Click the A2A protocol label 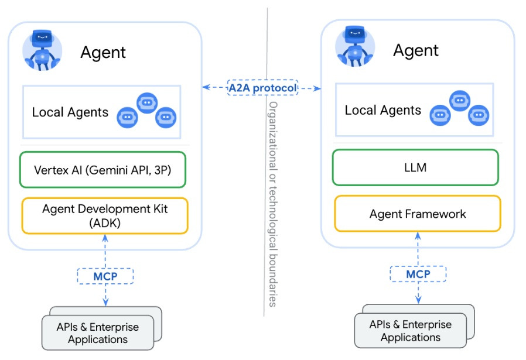[x=262, y=88]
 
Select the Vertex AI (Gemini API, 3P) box [x=103, y=170]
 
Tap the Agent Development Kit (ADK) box [x=104, y=216]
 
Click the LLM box [x=415, y=167]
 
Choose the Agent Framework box [x=418, y=214]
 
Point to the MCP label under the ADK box [x=105, y=275]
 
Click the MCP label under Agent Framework [x=418, y=274]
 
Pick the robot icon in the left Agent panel [x=41, y=50]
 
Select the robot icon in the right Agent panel [x=354, y=47]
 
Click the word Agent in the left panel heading [x=103, y=53]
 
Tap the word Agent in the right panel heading [x=416, y=50]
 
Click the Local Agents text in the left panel [x=70, y=112]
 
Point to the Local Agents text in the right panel [x=383, y=110]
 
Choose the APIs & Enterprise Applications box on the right [x=411, y=331]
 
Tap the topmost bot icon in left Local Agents [x=146, y=102]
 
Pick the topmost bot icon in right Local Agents [x=459, y=101]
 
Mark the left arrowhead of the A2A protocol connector [x=204, y=88]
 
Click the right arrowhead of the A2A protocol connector [x=319, y=88]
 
